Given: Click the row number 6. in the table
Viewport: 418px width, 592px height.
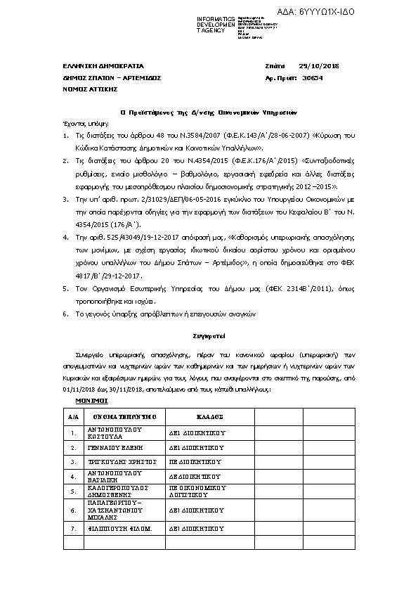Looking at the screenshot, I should (x=73, y=509).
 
